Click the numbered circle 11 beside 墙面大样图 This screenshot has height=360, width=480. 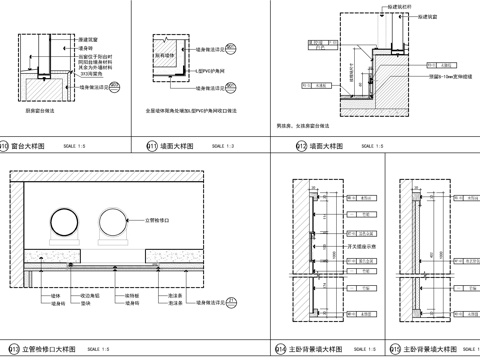tap(152, 146)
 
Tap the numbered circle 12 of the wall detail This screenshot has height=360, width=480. tap(300, 146)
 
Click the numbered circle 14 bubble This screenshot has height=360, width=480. tap(279, 349)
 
